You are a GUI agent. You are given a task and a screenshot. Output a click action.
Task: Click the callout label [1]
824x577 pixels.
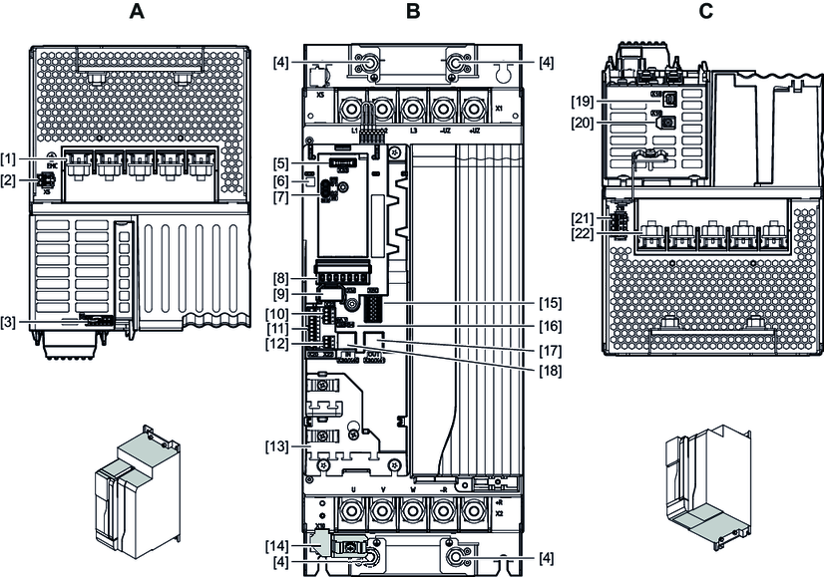pos(10,159)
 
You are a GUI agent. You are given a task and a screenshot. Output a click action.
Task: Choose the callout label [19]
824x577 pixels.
pos(583,101)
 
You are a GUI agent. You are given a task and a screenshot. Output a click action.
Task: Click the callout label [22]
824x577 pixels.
pos(583,233)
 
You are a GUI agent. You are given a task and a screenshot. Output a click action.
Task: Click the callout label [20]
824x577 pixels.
pos(583,123)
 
